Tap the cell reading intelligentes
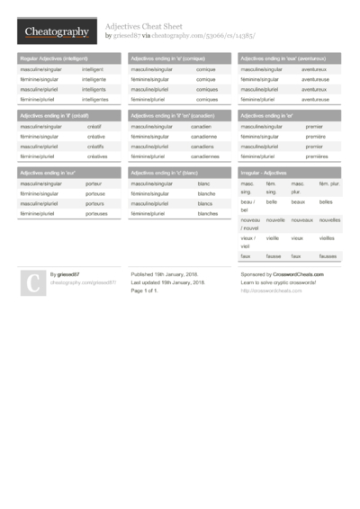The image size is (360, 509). [94, 100]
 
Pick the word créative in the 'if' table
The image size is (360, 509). [96, 136]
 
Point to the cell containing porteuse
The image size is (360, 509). [94, 193]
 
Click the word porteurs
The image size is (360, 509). [94, 203]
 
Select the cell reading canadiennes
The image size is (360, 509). [205, 156]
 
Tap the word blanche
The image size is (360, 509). [206, 193]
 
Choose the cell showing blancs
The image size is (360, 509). [206, 203]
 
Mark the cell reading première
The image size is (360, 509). [316, 136]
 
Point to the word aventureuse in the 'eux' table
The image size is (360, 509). [315, 79]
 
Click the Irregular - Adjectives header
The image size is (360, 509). [263, 172]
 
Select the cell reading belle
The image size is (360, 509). [271, 202]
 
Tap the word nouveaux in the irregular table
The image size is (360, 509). [301, 220]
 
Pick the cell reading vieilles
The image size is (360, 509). [327, 238]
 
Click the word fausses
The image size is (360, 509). [326, 256]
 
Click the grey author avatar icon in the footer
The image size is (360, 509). [31, 283]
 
